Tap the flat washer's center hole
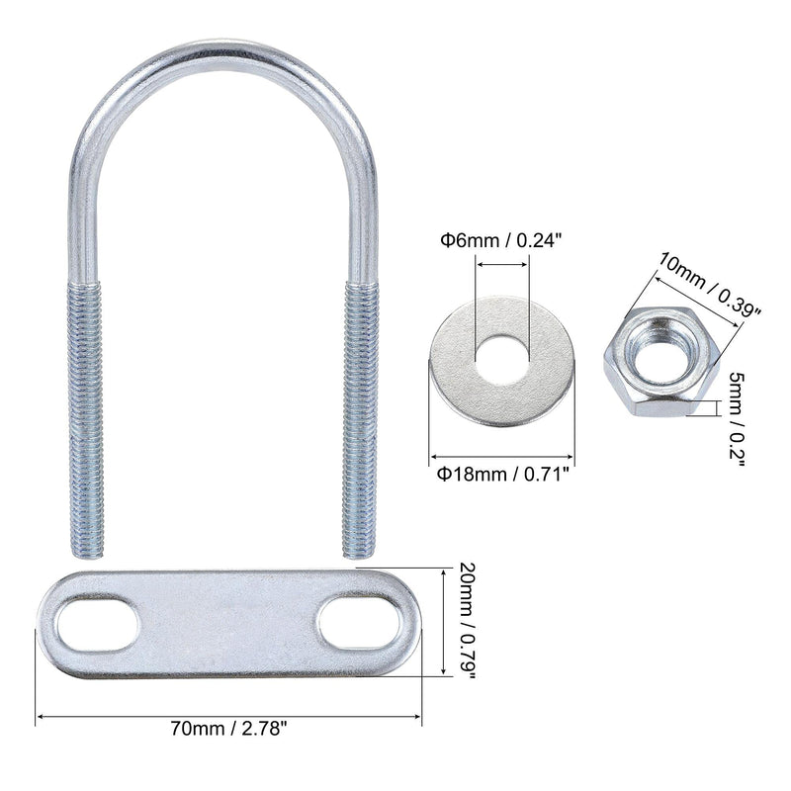(501, 353)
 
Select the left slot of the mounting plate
(95, 625)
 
